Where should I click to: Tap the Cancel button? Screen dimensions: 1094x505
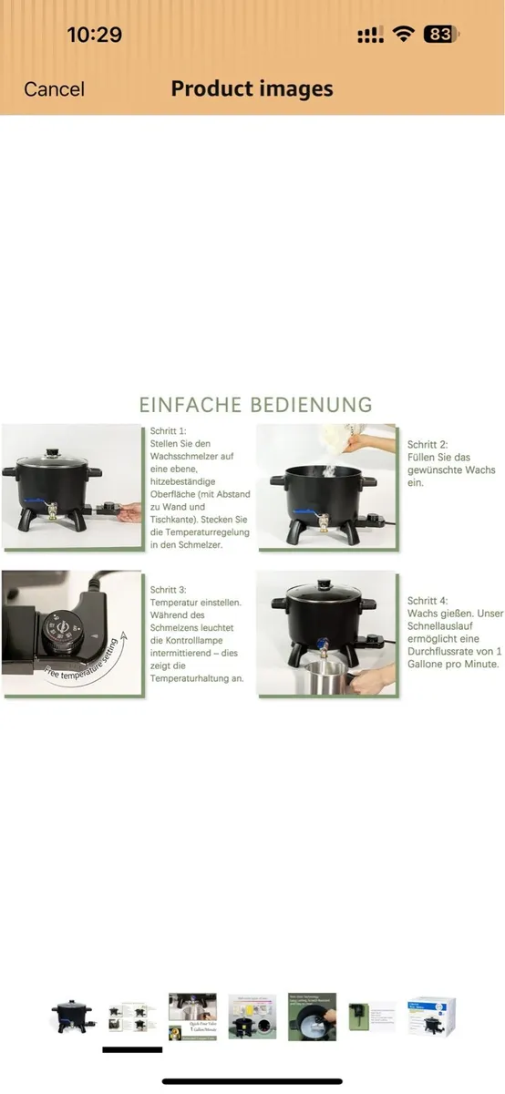pos(54,89)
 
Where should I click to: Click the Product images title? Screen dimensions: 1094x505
pos(252,88)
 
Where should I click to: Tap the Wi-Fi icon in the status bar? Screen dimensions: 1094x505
pos(402,35)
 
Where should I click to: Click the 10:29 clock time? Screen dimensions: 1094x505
pos(94,35)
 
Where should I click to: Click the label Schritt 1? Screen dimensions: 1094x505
pos(168,429)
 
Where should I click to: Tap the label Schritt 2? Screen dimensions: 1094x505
pos(428,444)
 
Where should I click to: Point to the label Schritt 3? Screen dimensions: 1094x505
pos(168,590)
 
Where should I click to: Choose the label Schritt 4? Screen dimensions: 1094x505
pos(428,601)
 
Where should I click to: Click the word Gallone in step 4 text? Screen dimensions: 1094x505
pos(431,665)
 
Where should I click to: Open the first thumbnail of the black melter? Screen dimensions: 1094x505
pos(71,1017)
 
